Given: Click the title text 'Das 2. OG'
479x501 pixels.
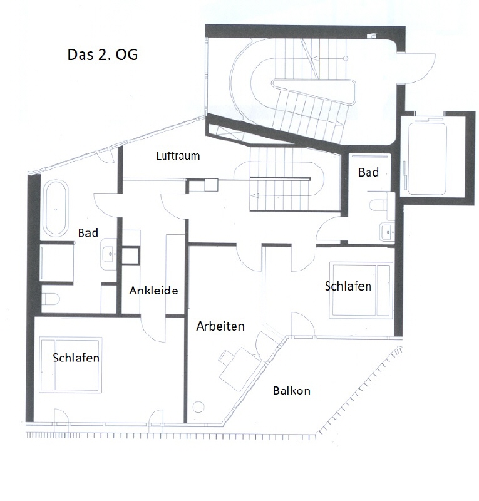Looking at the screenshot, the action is (x=103, y=55).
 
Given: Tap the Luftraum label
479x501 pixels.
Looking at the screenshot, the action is (x=178, y=156).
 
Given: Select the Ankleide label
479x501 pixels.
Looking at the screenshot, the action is (x=153, y=291).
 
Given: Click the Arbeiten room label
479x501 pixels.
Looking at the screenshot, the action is (x=220, y=326).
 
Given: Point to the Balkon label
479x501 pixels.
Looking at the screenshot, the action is (x=291, y=390).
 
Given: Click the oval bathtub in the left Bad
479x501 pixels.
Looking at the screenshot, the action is (x=56, y=208).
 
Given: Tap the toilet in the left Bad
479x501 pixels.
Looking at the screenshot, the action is (x=51, y=299).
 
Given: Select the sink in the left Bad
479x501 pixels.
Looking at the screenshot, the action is (x=109, y=254).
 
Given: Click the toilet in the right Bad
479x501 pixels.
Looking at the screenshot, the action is (x=378, y=205).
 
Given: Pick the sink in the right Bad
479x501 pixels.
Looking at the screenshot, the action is (x=387, y=232).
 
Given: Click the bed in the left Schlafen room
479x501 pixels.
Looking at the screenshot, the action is (x=70, y=364).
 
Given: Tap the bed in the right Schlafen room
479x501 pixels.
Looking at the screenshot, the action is (x=361, y=290).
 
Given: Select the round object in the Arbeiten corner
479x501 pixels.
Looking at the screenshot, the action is (x=198, y=406).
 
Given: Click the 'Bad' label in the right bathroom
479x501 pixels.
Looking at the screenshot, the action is (x=368, y=173).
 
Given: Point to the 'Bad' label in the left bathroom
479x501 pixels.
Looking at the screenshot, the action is (x=88, y=232).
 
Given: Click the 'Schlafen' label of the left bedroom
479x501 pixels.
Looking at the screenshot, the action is (x=76, y=358).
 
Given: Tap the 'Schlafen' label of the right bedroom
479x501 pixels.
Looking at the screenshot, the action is (x=348, y=286).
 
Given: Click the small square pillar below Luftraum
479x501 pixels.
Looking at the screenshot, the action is (x=211, y=185).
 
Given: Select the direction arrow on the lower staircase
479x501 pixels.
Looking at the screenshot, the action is (x=255, y=196).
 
